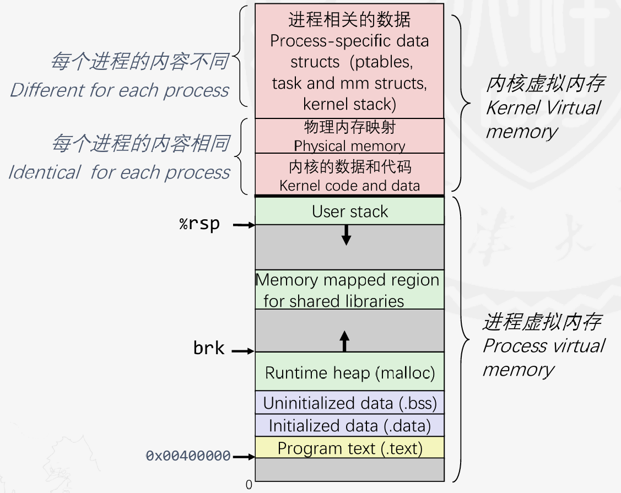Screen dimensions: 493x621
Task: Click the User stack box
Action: (x=349, y=211)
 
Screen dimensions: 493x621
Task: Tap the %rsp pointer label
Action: (x=199, y=224)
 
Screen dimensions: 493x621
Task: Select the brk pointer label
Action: (x=209, y=349)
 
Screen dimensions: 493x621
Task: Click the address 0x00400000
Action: (x=188, y=456)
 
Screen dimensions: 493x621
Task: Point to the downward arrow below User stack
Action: (x=346, y=235)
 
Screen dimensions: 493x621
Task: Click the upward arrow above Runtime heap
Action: (x=345, y=341)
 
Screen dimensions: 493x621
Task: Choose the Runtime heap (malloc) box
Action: (x=349, y=373)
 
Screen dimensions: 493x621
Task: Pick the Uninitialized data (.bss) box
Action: (x=349, y=403)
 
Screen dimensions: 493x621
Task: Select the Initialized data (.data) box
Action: (x=349, y=425)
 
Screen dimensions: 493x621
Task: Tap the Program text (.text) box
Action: (x=349, y=448)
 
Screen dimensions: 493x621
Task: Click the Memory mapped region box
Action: (x=349, y=290)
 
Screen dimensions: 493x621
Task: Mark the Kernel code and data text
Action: (x=349, y=186)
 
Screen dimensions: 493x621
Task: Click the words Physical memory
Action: (x=349, y=146)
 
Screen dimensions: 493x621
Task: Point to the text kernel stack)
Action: (x=349, y=104)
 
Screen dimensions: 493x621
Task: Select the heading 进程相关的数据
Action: (x=349, y=20)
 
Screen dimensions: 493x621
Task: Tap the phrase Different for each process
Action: (x=120, y=90)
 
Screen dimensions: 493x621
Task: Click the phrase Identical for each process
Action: (x=120, y=172)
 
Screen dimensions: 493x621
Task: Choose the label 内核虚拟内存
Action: (x=544, y=84)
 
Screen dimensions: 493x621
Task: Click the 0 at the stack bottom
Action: (x=249, y=485)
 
